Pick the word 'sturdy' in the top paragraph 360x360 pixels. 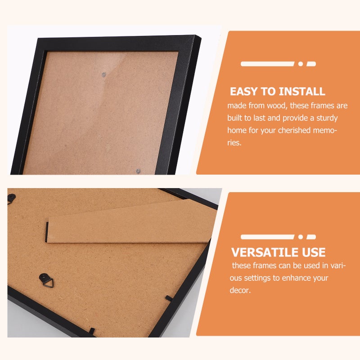tap(327, 118)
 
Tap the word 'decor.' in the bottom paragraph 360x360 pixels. tap(240, 290)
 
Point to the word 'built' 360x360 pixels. tap(234, 118)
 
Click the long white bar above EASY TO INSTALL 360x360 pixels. tap(267, 64)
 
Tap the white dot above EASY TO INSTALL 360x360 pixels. tap(301, 64)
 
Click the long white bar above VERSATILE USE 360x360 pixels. tap(267, 237)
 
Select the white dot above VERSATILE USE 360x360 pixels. tap(301, 237)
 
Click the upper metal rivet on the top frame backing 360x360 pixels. tap(104, 74)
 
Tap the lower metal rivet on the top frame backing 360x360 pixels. tap(138, 171)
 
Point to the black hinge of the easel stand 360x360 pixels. tap(47, 232)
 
